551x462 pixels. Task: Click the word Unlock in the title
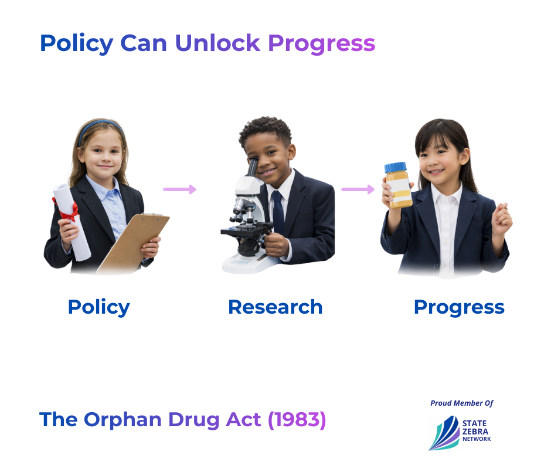point(217,43)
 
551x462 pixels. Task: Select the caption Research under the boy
point(275,307)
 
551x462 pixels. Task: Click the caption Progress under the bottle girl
point(459,308)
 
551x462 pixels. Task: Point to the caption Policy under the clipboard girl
point(98,308)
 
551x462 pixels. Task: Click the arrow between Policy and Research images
point(179,189)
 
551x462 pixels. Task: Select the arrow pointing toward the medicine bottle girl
point(358,189)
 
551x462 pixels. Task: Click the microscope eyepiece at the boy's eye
point(252,167)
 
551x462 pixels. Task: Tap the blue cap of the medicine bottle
point(395,167)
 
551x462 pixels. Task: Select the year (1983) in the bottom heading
point(297,420)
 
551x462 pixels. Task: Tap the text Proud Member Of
point(462,403)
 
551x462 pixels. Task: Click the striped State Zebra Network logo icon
point(444,433)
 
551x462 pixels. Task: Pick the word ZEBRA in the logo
point(475,432)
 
